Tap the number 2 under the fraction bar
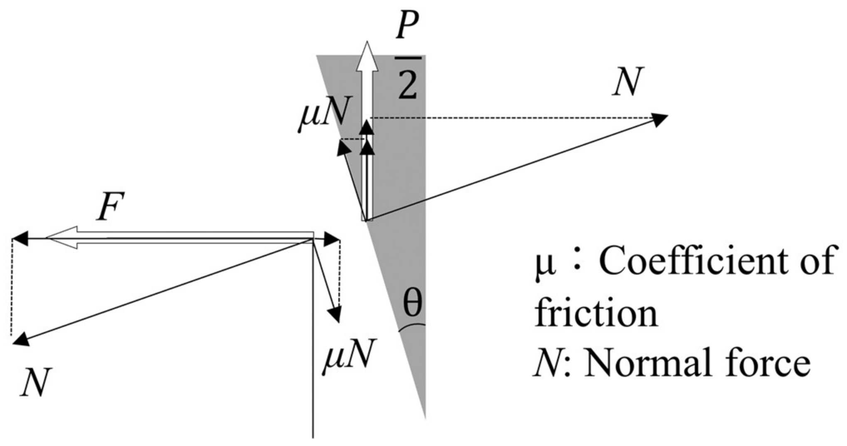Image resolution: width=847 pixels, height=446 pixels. point(408,84)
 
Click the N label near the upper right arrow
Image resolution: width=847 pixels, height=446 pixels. point(628,82)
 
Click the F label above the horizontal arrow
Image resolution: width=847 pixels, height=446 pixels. point(111,207)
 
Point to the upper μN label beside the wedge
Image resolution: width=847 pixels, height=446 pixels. point(323,111)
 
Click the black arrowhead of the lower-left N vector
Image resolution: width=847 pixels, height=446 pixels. point(21,339)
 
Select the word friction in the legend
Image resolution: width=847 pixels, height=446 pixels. point(596,313)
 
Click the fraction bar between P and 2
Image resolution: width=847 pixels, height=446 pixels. point(408,58)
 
